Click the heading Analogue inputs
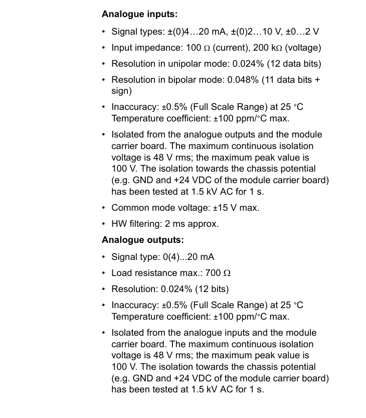[x=139, y=15]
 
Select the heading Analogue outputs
[x=142, y=240]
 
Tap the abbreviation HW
[x=118, y=224]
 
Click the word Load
[x=121, y=273]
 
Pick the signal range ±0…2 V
[x=302, y=32]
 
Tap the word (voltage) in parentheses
[x=303, y=48]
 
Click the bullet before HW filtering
[x=103, y=224]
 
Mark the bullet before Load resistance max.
[x=103, y=273]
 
